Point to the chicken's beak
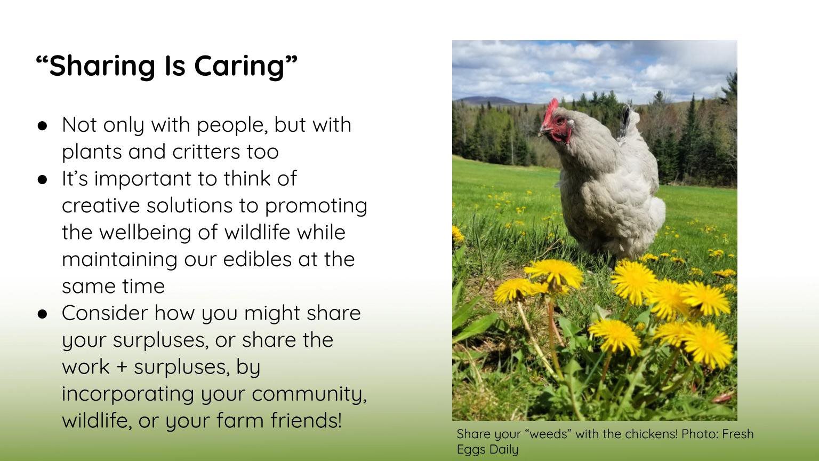coord(544,130)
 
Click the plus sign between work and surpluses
coord(122,367)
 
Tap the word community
coord(309,394)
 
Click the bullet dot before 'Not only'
coord(43,126)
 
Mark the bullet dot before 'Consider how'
coord(43,314)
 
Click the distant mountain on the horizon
coord(488,100)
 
